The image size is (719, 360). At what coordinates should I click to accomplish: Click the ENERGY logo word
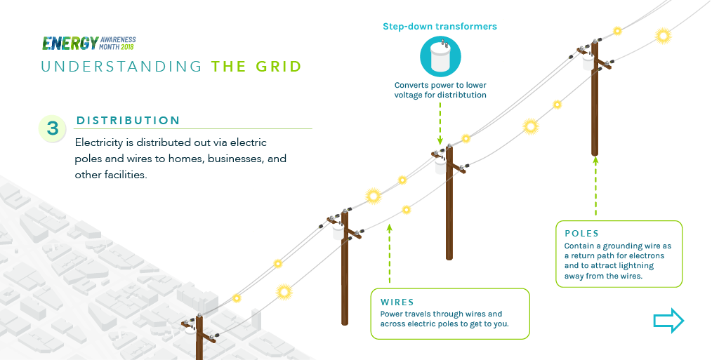(70, 44)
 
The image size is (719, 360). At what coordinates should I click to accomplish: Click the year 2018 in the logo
(126, 46)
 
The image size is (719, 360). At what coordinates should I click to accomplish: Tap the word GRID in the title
(276, 67)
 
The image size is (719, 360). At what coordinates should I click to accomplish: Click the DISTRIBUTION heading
(128, 120)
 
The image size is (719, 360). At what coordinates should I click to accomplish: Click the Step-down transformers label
(440, 27)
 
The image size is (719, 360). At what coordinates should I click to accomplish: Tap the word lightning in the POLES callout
(635, 266)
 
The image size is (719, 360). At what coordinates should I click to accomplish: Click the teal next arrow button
(668, 320)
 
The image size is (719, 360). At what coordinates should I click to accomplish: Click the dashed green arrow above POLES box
(595, 185)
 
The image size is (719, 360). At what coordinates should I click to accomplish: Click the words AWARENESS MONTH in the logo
(118, 43)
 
